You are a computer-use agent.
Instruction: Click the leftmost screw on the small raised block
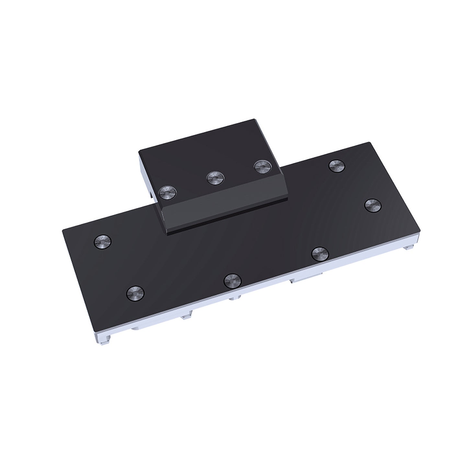[x=166, y=193]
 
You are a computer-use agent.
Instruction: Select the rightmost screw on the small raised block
[x=262, y=167]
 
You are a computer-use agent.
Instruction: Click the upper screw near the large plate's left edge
[x=102, y=241]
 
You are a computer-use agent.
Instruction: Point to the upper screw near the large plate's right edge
[x=337, y=166]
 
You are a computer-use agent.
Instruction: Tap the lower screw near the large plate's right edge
[x=372, y=205]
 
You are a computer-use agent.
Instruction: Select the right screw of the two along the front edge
[x=320, y=254]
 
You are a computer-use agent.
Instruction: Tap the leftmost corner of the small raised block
[x=139, y=151]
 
